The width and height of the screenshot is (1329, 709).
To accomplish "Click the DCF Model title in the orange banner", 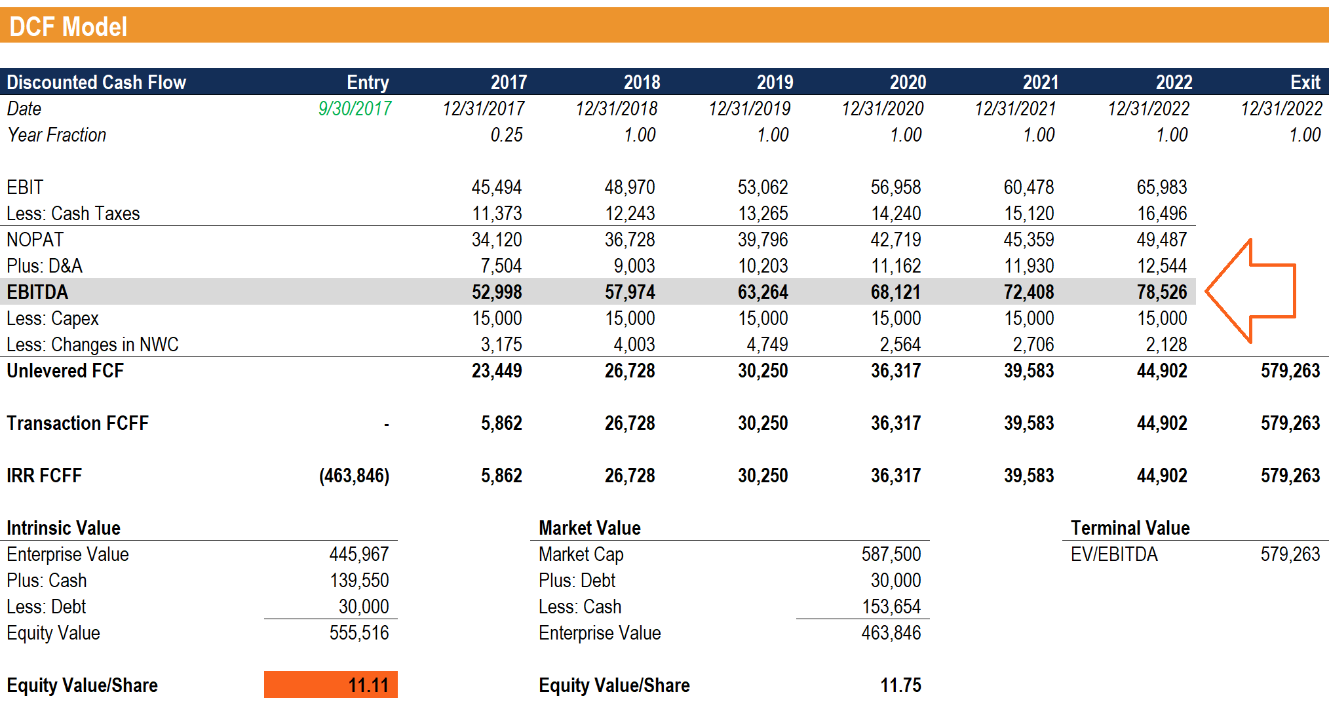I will coord(68,27).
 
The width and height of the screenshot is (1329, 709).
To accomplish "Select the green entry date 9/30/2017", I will coord(355,108).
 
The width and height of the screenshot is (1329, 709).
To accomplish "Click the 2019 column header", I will coord(775,82).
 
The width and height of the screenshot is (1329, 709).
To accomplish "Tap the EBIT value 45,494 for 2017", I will coord(496,187).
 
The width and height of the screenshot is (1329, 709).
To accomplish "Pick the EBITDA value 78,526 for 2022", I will coord(1161,292).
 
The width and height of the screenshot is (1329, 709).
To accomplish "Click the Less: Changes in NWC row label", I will coord(92,345).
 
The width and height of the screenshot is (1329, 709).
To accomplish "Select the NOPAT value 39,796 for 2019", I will coord(762,240).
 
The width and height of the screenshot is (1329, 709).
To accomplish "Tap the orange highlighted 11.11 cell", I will coord(331,685).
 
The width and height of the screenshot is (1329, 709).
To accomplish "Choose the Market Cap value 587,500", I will coord(891,554).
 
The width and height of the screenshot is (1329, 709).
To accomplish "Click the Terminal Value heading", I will coord(1130,528).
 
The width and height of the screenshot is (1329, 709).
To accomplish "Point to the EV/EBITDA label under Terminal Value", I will coord(1114,554).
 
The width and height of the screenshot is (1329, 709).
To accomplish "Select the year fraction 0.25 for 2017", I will coord(506,135).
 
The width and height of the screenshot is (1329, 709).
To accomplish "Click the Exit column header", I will coord(1305,82).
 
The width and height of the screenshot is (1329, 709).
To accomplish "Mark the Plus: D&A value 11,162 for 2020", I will coord(895,266).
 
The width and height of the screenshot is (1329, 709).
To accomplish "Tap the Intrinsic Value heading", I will coord(64,528).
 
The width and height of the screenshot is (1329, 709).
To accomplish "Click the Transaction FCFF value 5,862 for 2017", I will coord(501,423).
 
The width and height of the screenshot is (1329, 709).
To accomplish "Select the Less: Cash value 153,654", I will coord(891,607).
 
